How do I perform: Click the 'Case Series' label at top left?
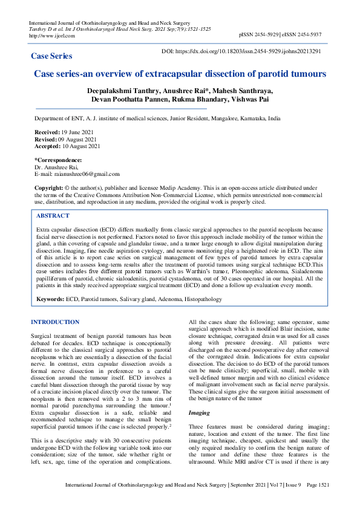pyautogui.click(x=51, y=56)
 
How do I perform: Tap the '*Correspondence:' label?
pyautogui.click(x=57, y=160)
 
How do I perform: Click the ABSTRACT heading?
pyautogui.click(x=53, y=216)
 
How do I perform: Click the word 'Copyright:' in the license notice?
pyautogui.click(x=48, y=188)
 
